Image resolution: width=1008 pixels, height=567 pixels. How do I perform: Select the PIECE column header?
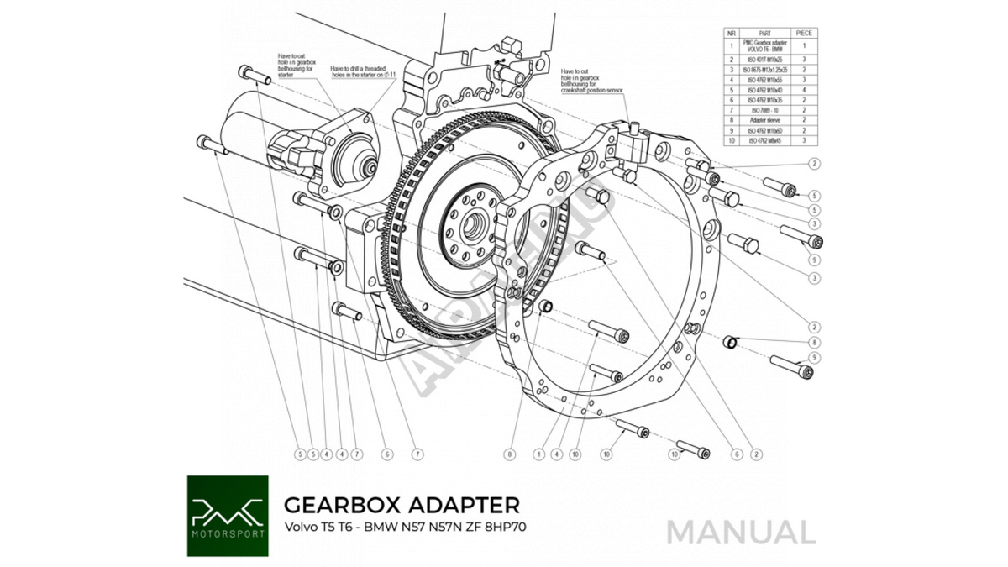804,33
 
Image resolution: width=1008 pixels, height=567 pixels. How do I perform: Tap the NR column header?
732,33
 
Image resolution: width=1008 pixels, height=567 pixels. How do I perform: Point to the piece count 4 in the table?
804,89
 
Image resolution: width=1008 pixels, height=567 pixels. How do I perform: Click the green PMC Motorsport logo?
228,516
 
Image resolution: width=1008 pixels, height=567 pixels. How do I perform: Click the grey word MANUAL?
741,532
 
